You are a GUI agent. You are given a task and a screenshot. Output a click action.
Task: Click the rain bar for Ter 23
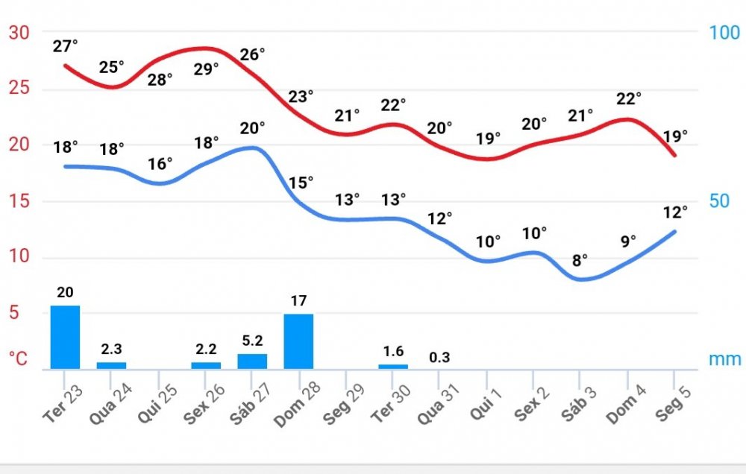tap(65, 337)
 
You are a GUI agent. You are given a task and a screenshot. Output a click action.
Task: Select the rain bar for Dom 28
tap(298, 341)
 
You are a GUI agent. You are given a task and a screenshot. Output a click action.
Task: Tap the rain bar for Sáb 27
tap(252, 361)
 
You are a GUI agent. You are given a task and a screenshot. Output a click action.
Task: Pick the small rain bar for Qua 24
tap(111, 365)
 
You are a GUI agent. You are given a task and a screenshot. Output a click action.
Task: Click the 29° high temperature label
tap(206, 69)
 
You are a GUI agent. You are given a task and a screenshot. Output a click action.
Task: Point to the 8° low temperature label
tap(580, 260)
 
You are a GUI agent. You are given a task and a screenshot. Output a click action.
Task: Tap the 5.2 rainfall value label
tap(252, 341)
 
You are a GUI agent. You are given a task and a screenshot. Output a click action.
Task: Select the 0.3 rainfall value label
tap(440, 357)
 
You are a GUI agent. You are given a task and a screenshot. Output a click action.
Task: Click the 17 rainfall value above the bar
tap(298, 302)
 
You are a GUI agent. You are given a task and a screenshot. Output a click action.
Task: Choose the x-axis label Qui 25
tap(159, 404)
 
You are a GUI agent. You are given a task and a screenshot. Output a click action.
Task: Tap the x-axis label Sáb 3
tap(580, 404)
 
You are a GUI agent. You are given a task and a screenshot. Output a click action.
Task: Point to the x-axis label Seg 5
tap(674, 404)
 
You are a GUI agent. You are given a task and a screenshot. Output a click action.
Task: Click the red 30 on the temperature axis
tap(19, 33)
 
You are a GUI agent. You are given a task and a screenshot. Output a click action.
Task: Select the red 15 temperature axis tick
tap(19, 201)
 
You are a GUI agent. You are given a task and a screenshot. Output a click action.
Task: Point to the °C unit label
tap(19, 359)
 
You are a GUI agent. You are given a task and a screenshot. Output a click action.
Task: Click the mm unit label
tap(724, 359)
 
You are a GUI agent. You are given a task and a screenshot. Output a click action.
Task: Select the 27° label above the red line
tap(65, 46)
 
